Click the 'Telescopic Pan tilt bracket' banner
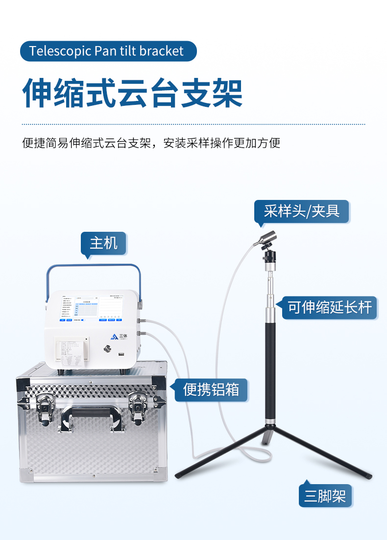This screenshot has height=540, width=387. tap(108, 51)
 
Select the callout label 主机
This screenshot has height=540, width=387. tap(103, 243)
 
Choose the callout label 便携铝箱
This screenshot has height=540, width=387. tap(211, 390)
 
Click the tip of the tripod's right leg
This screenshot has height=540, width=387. tap(368, 476)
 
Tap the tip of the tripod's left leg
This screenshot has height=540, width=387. tap(178, 475)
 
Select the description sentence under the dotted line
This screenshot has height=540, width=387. tap(151, 143)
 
